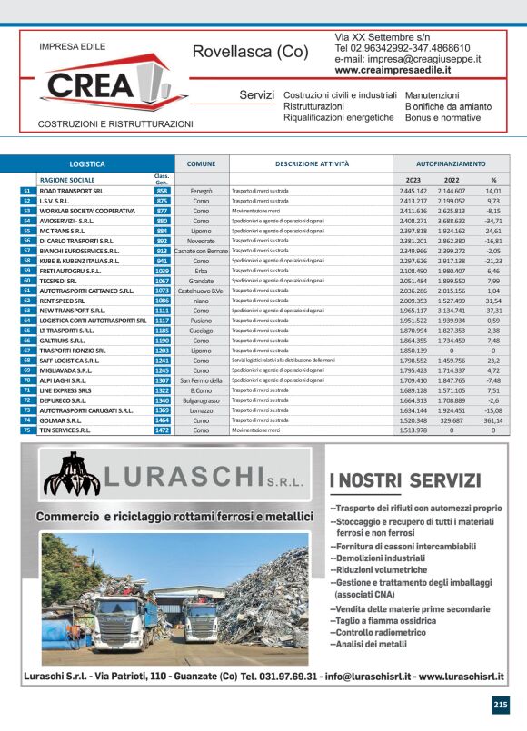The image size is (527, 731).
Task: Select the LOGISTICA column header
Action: (x=87, y=164)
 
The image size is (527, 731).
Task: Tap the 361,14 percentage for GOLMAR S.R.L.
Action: (x=492, y=420)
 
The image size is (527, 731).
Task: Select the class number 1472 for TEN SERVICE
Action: (x=162, y=430)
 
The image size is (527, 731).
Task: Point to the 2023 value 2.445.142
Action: (x=413, y=192)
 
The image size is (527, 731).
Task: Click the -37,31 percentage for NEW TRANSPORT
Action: (x=492, y=311)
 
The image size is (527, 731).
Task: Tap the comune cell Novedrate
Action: (x=201, y=241)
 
